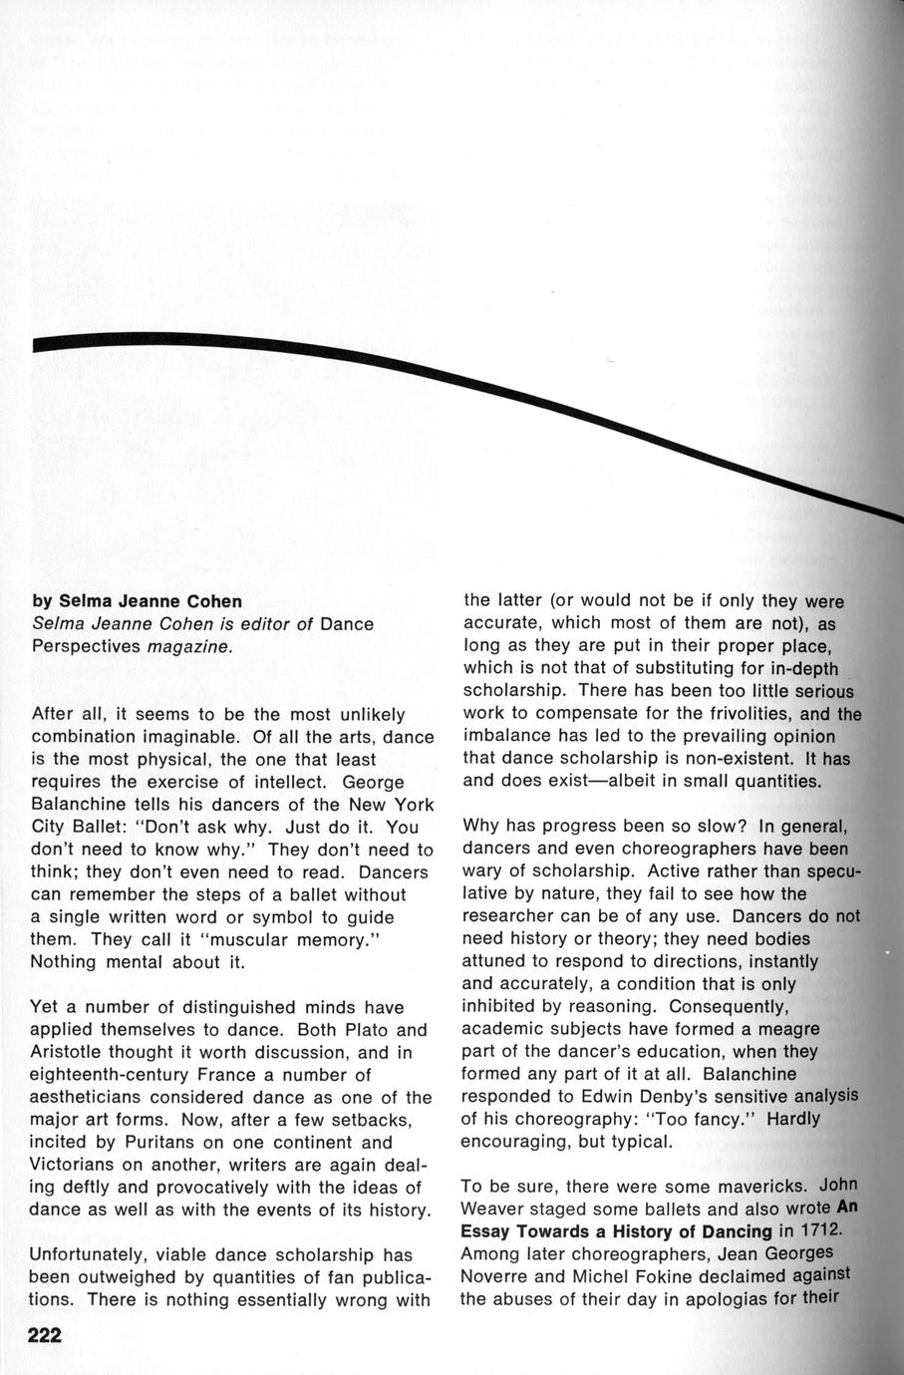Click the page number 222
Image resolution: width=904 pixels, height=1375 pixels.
point(46,1336)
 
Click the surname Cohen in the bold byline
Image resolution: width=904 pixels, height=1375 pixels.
point(209,601)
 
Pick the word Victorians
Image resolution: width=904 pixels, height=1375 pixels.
point(76,1165)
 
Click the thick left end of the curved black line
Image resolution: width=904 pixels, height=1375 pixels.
point(45,344)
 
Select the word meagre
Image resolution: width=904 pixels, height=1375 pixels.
point(783,1028)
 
